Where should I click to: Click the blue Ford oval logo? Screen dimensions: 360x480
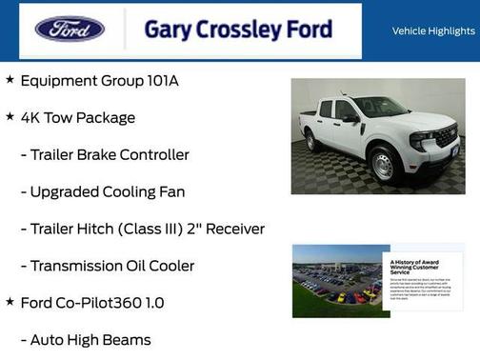(70, 29)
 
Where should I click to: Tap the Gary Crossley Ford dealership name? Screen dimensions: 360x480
(238, 29)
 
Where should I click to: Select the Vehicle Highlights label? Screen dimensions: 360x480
(433, 30)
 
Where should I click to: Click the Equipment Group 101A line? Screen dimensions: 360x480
(99, 81)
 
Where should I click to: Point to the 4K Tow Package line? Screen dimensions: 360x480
(78, 118)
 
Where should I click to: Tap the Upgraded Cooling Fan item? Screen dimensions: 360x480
(103, 191)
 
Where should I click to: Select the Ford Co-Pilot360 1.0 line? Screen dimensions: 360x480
(92, 303)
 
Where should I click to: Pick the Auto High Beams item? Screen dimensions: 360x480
(86, 340)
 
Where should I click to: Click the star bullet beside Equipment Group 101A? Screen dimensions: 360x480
(10, 80)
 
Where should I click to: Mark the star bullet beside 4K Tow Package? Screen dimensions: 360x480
(10, 117)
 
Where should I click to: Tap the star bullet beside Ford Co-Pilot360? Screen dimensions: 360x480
(10, 302)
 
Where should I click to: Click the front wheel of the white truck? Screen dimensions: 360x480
(383, 166)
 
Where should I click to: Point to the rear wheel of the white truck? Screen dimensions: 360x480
(311, 142)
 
